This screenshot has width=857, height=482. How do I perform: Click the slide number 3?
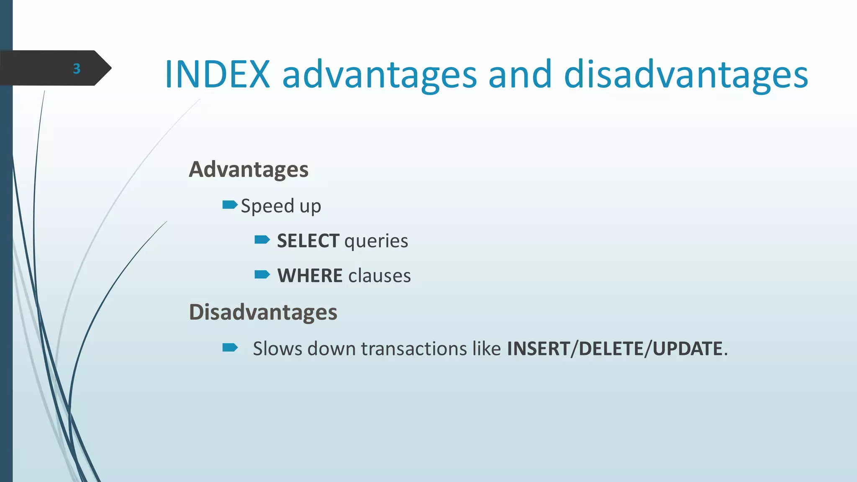pyautogui.click(x=77, y=69)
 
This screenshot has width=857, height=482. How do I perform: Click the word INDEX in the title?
pyautogui.click(x=218, y=74)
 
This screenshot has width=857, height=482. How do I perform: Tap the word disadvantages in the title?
pyautogui.click(x=686, y=74)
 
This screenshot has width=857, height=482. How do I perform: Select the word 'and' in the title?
pyautogui.click(x=520, y=74)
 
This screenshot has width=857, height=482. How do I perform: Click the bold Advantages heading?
pyautogui.click(x=249, y=169)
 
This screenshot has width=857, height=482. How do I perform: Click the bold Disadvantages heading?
pyautogui.click(x=263, y=312)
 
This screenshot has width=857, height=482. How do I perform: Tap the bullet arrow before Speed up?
pyautogui.click(x=230, y=205)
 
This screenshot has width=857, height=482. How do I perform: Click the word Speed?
pyautogui.click(x=267, y=206)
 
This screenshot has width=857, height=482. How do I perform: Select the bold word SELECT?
pyautogui.click(x=308, y=241)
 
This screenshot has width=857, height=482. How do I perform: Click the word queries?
pyautogui.click(x=376, y=241)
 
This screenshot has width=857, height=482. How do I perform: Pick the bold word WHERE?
pyautogui.click(x=310, y=276)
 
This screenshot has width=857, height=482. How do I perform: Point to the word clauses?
pyautogui.click(x=380, y=276)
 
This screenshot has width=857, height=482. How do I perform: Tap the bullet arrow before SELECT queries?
pyautogui.click(x=262, y=240)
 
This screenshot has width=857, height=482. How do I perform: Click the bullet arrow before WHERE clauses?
pyautogui.click(x=262, y=274)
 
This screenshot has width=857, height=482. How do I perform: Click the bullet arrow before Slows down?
pyautogui.click(x=230, y=347)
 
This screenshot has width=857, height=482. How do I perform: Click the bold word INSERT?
pyautogui.click(x=539, y=349)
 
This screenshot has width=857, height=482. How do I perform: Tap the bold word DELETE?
pyautogui.click(x=611, y=349)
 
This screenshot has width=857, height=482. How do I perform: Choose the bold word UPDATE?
pyautogui.click(x=688, y=349)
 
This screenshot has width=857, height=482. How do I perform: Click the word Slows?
pyautogui.click(x=277, y=349)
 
